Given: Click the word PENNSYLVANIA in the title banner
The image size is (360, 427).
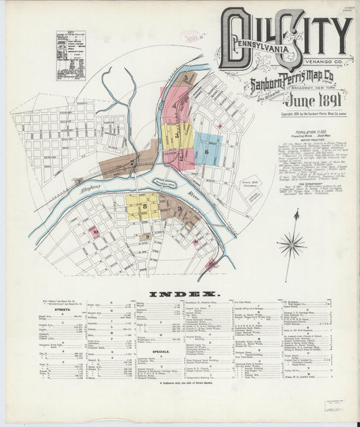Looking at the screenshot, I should click(260, 50).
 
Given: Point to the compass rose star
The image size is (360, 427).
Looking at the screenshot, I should click(292, 241).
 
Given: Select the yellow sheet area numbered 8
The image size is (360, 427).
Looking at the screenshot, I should click(143, 205).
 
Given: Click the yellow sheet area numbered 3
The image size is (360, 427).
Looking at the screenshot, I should click(176, 135).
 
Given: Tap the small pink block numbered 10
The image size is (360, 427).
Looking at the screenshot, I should click(95, 232).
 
